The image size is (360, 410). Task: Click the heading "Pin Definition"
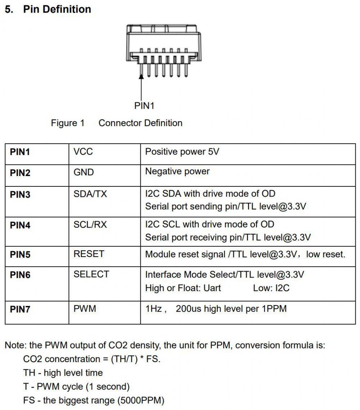click(57, 9)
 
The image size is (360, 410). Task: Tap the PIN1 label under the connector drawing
click(144, 105)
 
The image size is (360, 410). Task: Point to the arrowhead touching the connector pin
click(141, 76)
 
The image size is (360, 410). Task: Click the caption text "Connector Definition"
click(140, 123)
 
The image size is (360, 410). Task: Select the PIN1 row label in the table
click(20, 152)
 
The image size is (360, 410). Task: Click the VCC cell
click(83, 152)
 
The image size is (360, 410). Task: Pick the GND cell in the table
click(84, 172)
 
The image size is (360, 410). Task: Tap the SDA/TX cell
click(90, 194)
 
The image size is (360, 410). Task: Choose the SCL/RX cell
click(90, 225)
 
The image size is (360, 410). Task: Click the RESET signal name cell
click(89, 254)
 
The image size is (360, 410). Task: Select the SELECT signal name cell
click(91, 274)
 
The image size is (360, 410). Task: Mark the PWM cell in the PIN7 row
click(85, 308)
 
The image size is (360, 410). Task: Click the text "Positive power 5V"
click(182, 152)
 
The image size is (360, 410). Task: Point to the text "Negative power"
click(177, 171)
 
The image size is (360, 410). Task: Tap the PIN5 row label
click(20, 254)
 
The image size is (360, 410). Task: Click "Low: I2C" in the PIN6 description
click(271, 288)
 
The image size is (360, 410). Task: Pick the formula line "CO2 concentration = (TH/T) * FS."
click(91, 359)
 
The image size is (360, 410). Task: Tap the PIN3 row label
click(20, 195)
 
